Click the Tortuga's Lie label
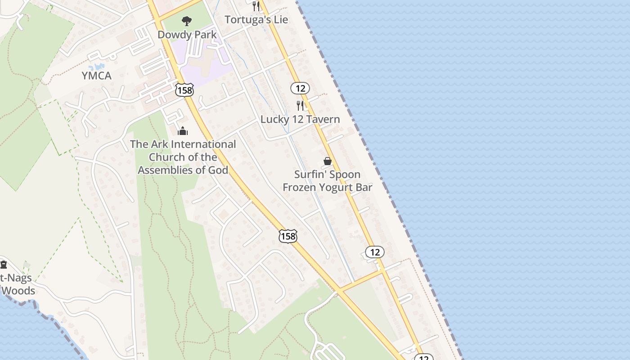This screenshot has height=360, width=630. click(x=256, y=20)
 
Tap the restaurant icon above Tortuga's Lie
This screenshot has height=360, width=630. click(x=256, y=6)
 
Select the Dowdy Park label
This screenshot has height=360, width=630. click(x=187, y=35)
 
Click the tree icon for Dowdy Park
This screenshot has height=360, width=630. click(x=186, y=21)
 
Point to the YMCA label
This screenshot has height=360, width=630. click(x=96, y=76)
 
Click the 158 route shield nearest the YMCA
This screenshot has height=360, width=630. click(x=184, y=90)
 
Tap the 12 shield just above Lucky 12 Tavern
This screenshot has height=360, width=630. click(x=300, y=88)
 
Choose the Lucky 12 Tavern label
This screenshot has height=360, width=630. click(x=300, y=119)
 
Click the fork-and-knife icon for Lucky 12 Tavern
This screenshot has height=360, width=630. click(x=300, y=106)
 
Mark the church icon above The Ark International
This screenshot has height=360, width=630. click(x=183, y=131)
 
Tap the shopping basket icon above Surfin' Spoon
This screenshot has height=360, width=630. click(x=328, y=161)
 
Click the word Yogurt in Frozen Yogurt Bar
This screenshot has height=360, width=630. click(x=337, y=187)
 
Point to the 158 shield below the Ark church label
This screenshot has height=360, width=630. click(x=288, y=236)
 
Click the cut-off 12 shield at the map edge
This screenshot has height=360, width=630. click(x=423, y=357)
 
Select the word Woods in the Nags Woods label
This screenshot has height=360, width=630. click(x=18, y=291)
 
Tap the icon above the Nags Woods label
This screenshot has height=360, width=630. click(x=4, y=264)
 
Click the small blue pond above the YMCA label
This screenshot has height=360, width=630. click(x=99, y=67)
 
